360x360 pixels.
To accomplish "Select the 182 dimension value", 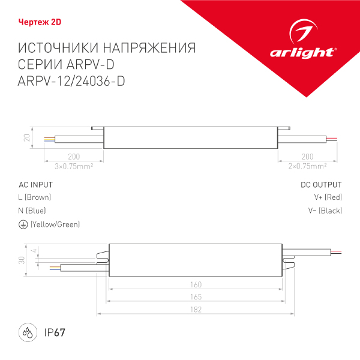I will (196, 310).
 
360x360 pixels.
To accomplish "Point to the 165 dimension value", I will (196, 298).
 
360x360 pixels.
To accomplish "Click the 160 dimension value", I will (196, 285).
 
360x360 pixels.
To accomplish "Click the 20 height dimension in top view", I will (26, 137).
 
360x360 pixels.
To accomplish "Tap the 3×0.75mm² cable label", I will (73, 165).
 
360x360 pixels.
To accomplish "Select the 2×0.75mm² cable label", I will (308, 165).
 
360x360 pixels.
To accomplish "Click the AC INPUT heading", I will (36, 185).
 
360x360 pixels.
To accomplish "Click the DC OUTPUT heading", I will (321, 185).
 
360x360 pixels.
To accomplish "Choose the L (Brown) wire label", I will (35, 197).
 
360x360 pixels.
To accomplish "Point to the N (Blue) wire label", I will (32, 211).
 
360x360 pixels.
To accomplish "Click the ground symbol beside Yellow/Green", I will (23, 224).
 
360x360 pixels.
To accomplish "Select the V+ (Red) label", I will (328, 197).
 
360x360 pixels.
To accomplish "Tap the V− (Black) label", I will (325, 211).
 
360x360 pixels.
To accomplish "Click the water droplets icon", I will (28, 332).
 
